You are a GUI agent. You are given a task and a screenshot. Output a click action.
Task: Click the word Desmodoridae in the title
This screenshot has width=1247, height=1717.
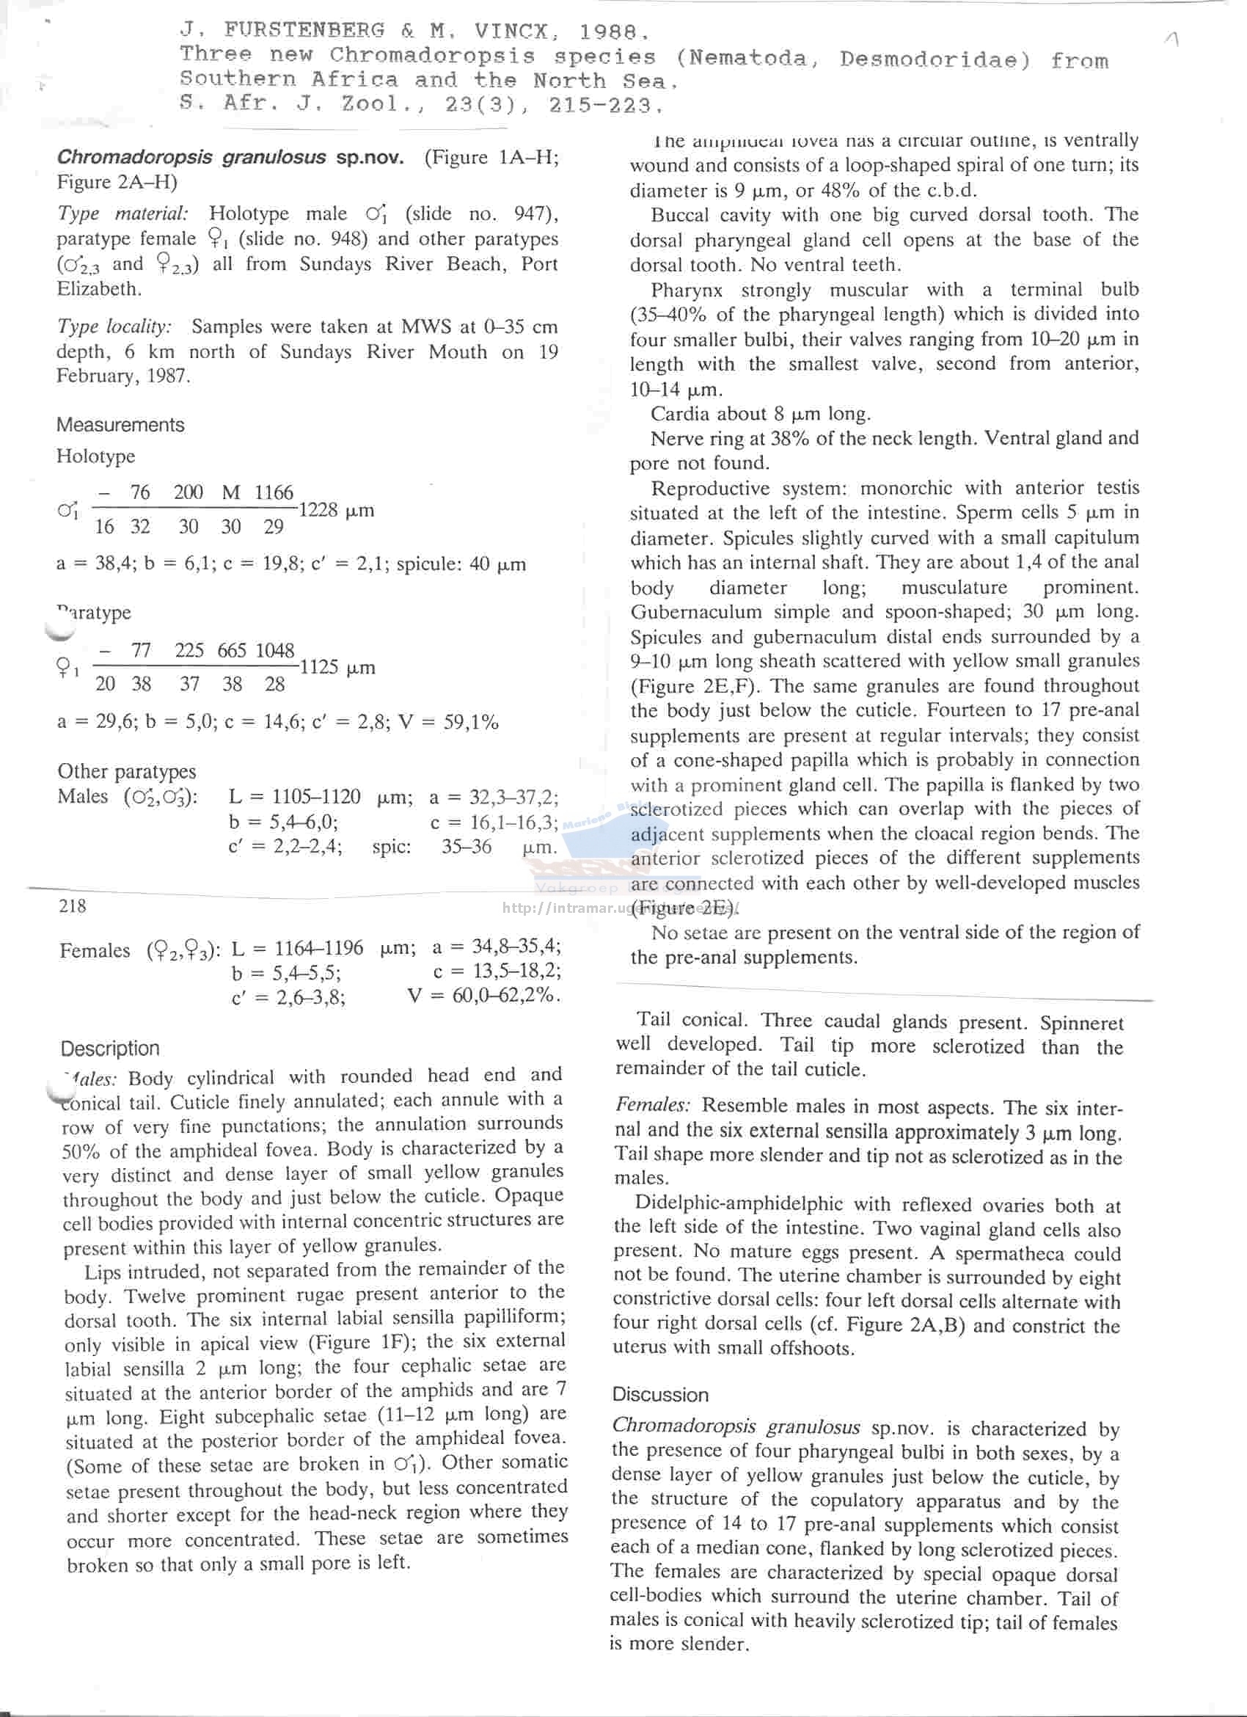pos(935,59)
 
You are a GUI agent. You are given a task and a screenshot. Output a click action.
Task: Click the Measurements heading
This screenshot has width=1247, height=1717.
pos(120,425)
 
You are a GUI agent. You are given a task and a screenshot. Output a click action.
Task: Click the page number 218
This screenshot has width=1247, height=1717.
pos(72,905)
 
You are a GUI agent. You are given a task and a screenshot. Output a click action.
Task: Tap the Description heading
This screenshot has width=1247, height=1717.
pos(111,1049)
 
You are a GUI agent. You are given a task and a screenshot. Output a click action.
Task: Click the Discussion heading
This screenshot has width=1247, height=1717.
pos(660,1394)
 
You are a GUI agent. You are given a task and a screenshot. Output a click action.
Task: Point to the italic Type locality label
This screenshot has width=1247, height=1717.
pos(114,327)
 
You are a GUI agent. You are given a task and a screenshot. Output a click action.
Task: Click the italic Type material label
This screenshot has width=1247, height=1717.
pos(122,214)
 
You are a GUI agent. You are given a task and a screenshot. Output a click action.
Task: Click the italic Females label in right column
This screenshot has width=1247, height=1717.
pos(652,1105)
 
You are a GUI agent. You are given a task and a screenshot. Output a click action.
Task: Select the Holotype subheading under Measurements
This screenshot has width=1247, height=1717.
pos(95,456)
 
